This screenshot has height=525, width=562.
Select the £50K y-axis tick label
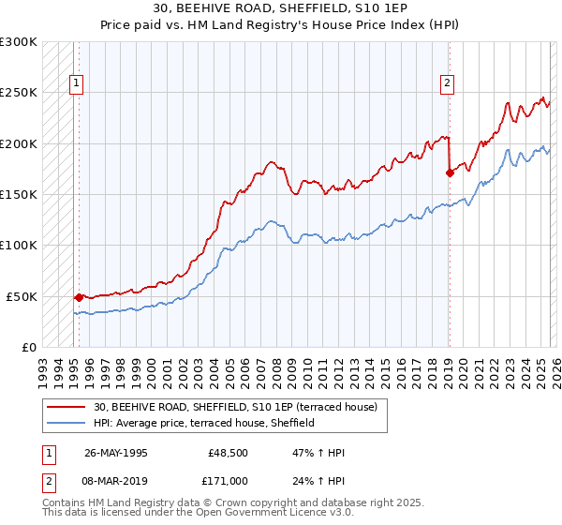coord(22,296)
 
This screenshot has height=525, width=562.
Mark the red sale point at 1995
coord(79,297)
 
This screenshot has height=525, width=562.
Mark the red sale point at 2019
coord(450,172)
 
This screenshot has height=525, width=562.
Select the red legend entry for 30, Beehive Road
coord(234,407)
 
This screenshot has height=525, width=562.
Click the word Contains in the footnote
coord(65,504)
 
